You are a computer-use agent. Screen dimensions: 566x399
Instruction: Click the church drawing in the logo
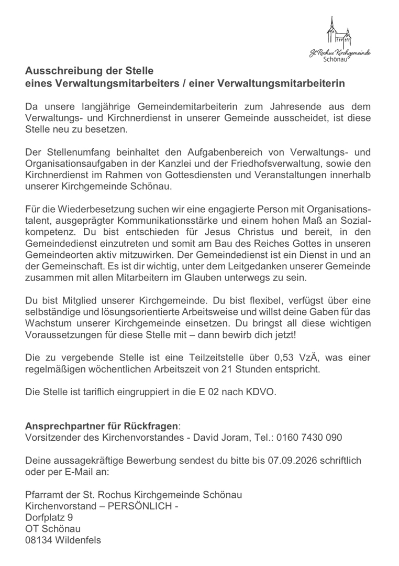(338, 32)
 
